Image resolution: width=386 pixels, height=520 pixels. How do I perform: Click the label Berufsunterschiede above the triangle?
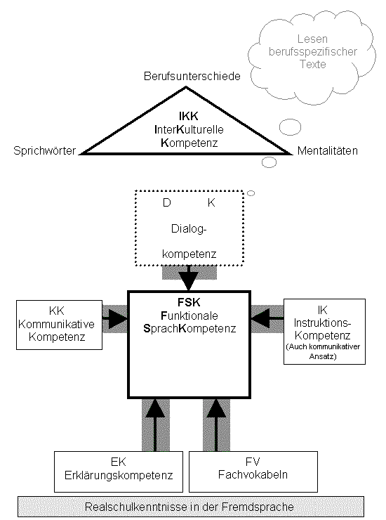(192, 77)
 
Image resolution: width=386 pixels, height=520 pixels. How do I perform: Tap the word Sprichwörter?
(44, 151)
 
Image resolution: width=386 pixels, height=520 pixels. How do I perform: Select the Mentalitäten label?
(327, 151)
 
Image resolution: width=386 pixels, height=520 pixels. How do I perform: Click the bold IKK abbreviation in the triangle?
(189, 116)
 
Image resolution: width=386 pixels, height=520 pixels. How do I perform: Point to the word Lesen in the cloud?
(312, 39)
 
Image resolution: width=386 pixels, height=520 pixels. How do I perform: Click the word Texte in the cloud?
(313, 64)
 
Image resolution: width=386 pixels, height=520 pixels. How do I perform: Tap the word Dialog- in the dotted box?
(189, 229)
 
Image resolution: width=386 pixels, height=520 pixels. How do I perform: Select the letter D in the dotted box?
(166, 202)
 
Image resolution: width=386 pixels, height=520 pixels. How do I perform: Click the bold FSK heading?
(189, 302)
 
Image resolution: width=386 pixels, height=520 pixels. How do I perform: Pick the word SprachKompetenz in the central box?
(189, 328)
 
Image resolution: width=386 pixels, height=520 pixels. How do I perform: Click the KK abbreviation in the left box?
(57, 311)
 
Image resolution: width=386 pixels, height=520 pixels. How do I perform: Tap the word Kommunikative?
(56, 324)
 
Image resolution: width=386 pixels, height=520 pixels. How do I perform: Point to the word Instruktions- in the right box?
(322, 323)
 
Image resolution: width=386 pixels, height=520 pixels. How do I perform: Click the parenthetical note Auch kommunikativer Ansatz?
(323, 351)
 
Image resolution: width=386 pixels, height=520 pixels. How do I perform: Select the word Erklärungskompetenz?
(119, 475)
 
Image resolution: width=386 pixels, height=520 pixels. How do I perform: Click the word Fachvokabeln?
(253, 474)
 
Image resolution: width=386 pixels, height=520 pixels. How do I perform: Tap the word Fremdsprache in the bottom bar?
(258, 507)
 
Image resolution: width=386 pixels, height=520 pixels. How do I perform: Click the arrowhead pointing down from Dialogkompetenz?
(189, 281)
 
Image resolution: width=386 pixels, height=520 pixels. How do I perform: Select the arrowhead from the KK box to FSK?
(119, 319)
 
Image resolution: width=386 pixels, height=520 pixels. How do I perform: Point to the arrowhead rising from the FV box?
(216, 408)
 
